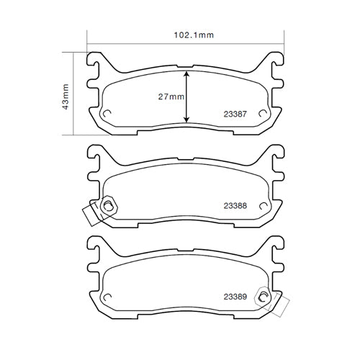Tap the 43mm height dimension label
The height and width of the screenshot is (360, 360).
(x=65, y=94)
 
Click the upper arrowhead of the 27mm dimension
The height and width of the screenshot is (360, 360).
(x=187, y=73)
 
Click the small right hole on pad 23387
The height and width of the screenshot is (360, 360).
(x=264, y=114)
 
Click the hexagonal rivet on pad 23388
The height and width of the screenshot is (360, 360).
(x=107, y=207)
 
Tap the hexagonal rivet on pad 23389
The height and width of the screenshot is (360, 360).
(x=264, y=297)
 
